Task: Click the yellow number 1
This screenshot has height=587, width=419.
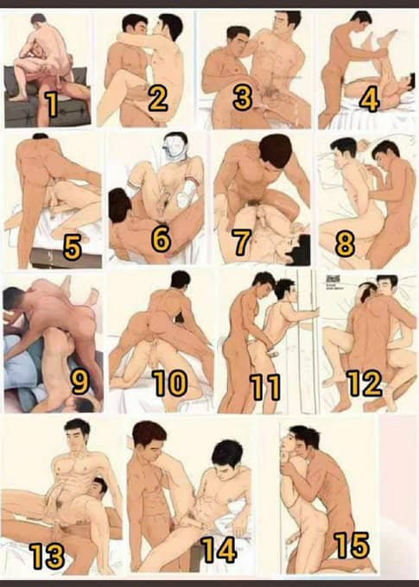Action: tap(52, 104)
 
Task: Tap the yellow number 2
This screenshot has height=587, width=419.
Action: tap(158, 98)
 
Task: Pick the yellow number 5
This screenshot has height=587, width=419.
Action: tap(73, 248)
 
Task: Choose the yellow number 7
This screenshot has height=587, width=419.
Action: tap(241, 242)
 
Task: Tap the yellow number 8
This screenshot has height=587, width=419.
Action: tap(346, 244)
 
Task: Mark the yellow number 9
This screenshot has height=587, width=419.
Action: tap(80, 382)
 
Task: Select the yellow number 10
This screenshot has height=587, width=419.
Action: tap(170, 383)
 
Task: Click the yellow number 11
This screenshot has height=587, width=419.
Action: tap(265, 387)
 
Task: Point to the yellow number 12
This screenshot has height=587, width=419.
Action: tap(365, 383)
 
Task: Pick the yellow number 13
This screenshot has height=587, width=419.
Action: tap(48, 556)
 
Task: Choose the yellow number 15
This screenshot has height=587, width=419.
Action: tap(352, 545)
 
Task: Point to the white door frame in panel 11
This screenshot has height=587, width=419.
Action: tap(308, 341)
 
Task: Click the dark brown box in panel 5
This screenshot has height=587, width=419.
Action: tap(66, 258)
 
